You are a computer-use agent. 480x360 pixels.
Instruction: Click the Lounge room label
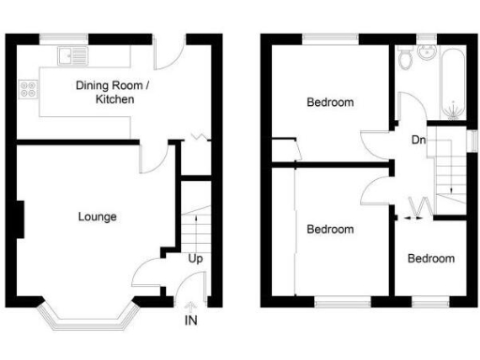click(97, 217)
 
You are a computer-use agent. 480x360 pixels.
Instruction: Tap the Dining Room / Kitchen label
click(111, 92)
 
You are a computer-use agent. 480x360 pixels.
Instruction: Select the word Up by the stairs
click(196, 259)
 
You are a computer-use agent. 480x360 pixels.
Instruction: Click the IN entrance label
click(192, 322)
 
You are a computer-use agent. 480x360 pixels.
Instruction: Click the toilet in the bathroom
click(406, 60)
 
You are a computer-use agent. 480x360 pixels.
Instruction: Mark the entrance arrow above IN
click(191, 305)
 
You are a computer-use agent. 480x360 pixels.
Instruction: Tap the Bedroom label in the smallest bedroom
click(432, 259)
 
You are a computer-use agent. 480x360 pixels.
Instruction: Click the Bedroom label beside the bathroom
click(331, 102)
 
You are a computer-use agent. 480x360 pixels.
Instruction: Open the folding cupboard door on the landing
click(421, 206)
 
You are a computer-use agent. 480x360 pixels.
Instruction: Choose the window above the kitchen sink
click(67, 37)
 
